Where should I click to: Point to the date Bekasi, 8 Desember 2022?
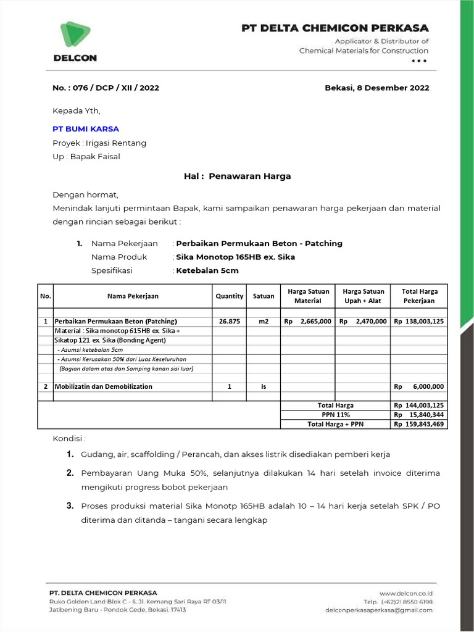coord(376,88)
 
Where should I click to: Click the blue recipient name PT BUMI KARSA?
coord(86,129)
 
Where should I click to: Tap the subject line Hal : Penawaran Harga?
coord(237,176)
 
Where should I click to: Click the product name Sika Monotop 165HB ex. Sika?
coord(236,257)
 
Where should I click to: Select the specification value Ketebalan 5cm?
coord(207,270)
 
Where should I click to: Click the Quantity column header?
coord(230,296)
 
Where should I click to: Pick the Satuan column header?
coord(264,296)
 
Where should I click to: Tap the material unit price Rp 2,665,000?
coord(307,322)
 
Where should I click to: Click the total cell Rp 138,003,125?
coord(419,322)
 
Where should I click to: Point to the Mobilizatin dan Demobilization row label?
coord(104,386)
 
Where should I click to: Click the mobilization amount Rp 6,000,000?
coord(419,386)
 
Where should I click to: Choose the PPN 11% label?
coord(336,415)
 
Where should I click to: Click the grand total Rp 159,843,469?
coord(419,424)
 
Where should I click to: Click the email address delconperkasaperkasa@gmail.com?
coord(378,610)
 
